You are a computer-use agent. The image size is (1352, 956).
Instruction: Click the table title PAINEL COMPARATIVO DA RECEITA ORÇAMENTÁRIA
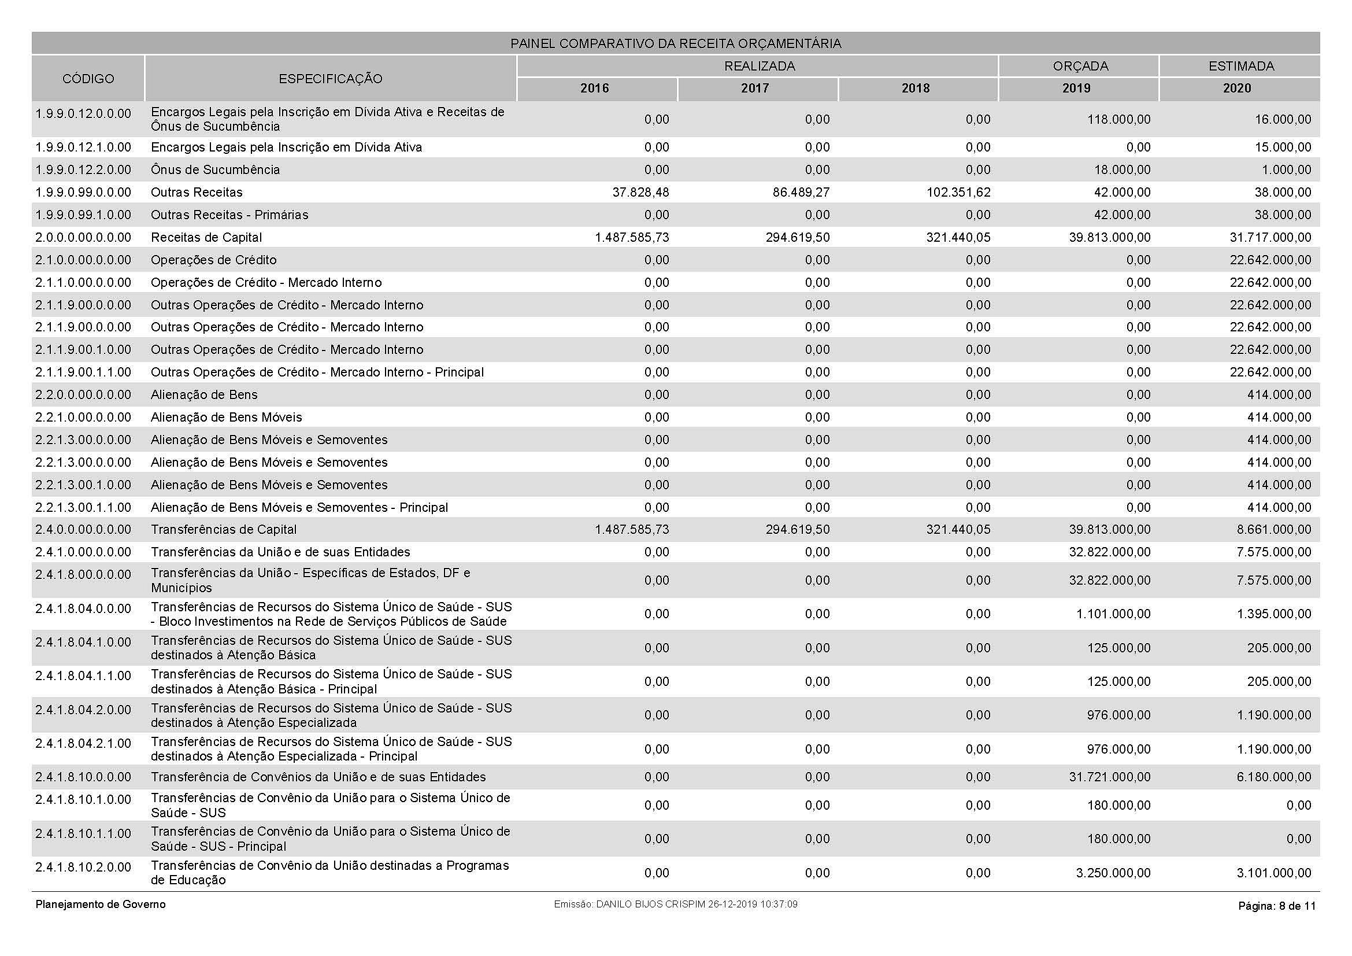tap(675, 43)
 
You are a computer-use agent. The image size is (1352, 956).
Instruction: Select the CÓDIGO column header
tap(88, 78)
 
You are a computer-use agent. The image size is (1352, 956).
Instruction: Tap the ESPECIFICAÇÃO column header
tap(331, 78)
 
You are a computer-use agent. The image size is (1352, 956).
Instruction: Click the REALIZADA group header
tap(759, 66)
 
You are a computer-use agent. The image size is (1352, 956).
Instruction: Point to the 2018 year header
tap(915, 88)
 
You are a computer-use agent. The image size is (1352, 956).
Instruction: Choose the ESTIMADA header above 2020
tap(1240, 66)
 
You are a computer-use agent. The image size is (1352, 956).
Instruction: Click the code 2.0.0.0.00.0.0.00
tap(83, 237)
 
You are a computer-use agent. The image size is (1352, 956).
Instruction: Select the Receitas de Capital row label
tap(206, 237)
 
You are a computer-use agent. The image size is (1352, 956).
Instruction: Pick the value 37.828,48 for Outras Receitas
tap(640, 192)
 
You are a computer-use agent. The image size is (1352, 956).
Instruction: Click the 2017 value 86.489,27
tap(801, 192)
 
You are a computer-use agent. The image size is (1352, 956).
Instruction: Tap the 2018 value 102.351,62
tap(958, 192)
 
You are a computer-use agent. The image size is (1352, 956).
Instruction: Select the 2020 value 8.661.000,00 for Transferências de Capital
tap(1274, 530)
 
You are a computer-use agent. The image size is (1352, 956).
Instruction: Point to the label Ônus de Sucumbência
tap(215, 169)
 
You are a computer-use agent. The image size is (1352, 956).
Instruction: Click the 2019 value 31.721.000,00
tap(1109, 777)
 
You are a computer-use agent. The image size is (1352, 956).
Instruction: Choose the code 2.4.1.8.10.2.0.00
tap(83, 866)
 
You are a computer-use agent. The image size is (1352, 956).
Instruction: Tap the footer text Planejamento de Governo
tap(101, 904)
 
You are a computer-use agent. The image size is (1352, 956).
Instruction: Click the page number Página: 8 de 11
tap(1277, 906)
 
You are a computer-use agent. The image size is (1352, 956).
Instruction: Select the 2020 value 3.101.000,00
tap(1274, 873)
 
